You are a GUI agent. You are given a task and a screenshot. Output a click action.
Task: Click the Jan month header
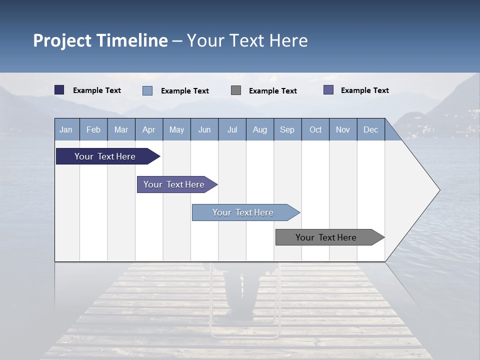(66, 129)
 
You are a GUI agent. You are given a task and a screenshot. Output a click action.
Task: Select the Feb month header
(93, 129)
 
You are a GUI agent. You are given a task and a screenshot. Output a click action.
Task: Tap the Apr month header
(148, 129)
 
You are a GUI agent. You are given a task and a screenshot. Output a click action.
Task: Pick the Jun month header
(204, 129)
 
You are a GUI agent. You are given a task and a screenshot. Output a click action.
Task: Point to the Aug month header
(259, 129)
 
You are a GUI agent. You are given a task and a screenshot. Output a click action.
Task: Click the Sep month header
(287, 129)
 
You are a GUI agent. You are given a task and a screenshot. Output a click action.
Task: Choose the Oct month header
(315, 129)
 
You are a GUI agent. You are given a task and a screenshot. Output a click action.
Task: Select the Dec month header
(370, 129)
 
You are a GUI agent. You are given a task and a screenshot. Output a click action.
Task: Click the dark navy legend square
(59, 90)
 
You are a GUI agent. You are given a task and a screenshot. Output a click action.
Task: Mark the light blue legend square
(147, 90)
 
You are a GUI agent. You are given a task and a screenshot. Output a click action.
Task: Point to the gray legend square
(236, 90)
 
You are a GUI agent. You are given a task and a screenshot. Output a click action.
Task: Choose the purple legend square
(328, 90)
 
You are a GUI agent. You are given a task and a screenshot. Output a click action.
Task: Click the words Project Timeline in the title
(100, 40)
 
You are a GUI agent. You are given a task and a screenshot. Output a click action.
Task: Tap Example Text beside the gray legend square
(272, 91)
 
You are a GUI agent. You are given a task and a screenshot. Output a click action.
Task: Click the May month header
(176, 129)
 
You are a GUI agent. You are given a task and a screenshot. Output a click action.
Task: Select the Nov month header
(342, 129)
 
